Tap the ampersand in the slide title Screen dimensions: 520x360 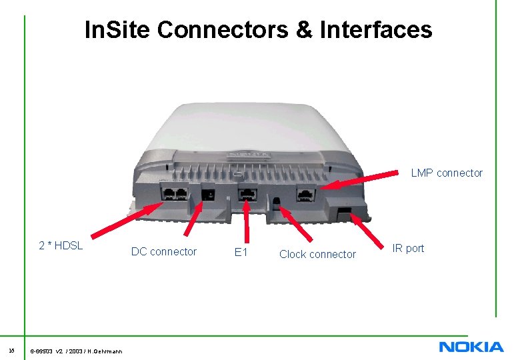tap(305, 29)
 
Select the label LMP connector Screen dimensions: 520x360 tap(447, 173)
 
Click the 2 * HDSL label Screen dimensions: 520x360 tap(61, 245)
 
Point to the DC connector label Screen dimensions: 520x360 tap(164, 252)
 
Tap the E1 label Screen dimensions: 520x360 tap(241, 252)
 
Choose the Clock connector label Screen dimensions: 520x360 tap(317, 254)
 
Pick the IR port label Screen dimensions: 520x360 tap(408, 249)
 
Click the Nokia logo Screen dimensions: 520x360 tap(471, 347)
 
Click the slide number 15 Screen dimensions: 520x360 tap(11, 349)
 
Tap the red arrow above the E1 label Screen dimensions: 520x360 tap(247, 220)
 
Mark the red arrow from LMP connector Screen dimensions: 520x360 tap(371, 181)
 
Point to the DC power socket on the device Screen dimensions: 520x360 tap(208, 195)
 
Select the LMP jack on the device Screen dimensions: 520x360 tap(305, 195)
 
